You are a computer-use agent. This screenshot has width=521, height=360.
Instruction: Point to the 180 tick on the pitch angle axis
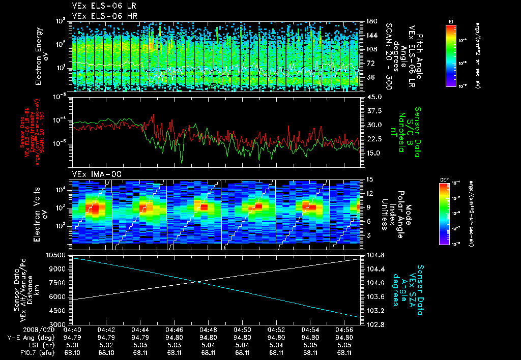371,21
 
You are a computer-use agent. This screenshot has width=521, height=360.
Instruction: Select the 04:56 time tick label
345,329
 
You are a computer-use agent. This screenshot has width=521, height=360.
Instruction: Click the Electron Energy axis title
41,56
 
